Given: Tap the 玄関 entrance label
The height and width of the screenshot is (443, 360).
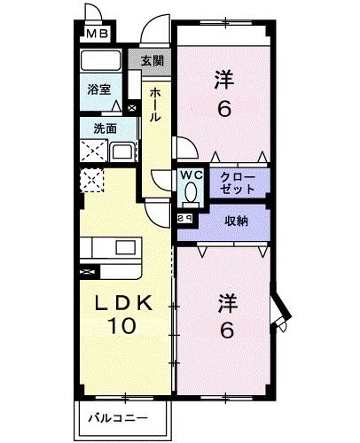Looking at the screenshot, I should pos(152,60).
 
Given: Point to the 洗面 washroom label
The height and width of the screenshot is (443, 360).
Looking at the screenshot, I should pos(106,128).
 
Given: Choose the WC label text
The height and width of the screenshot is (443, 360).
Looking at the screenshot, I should pos(192,175).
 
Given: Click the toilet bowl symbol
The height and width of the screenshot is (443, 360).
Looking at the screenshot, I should pos(192,191).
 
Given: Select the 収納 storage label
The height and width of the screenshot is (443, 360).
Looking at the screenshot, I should pos(235,221).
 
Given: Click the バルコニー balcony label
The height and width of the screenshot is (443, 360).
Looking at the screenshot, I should pos(118,416).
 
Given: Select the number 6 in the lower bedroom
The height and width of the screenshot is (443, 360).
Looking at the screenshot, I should pos(227,331).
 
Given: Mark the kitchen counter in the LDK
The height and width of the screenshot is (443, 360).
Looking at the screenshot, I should pos(113,248).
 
